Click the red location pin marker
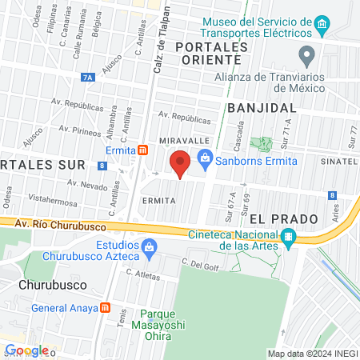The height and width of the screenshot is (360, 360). click(181, 163)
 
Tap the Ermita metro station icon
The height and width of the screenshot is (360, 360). click(142, 150)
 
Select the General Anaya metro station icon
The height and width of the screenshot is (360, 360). click(105, 308)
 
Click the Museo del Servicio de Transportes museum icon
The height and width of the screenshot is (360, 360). click(322, 26)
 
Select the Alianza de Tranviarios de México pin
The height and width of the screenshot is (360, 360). click(306, 56)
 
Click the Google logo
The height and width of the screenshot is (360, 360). click(26, 350)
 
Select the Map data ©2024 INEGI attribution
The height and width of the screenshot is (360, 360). click(312, 354)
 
